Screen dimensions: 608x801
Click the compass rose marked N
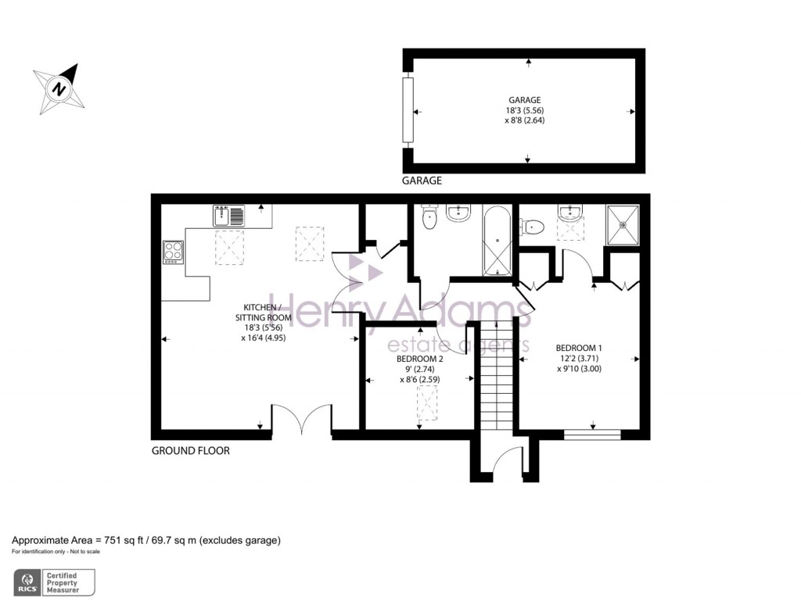point(59,88)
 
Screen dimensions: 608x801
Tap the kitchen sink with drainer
point(228,216)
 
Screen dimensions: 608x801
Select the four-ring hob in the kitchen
point(173,252)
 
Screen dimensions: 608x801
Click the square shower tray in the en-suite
point(623,224)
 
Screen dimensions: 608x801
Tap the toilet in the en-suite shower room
point(533,227)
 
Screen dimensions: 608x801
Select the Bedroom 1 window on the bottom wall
point(592,434)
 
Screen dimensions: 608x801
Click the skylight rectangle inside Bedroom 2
point(427,403)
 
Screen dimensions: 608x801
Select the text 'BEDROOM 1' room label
point(579,348)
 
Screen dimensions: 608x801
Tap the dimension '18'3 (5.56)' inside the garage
point(523,111)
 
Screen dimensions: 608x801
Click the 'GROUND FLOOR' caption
point(190,451)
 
